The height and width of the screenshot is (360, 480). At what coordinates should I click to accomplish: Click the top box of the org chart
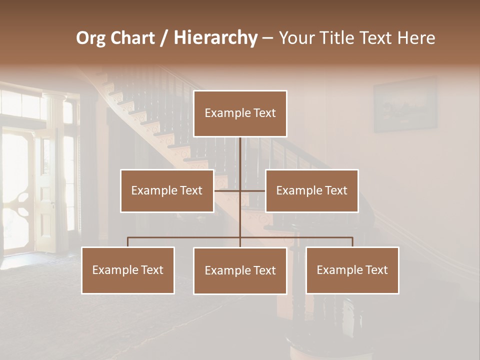240,113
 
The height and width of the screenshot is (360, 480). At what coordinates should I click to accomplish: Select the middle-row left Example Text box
167,191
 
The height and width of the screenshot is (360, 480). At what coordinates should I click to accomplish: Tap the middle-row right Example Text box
311,191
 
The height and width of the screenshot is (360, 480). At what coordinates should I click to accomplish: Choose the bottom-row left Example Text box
128,270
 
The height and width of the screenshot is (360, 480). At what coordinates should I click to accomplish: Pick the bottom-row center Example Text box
240,271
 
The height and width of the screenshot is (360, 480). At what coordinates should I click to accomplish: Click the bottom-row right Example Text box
352,270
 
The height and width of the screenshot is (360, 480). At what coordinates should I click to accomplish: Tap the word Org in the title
90,38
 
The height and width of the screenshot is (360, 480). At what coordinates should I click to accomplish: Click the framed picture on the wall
405,104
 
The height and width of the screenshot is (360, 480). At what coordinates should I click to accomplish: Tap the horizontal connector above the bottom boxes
185,237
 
